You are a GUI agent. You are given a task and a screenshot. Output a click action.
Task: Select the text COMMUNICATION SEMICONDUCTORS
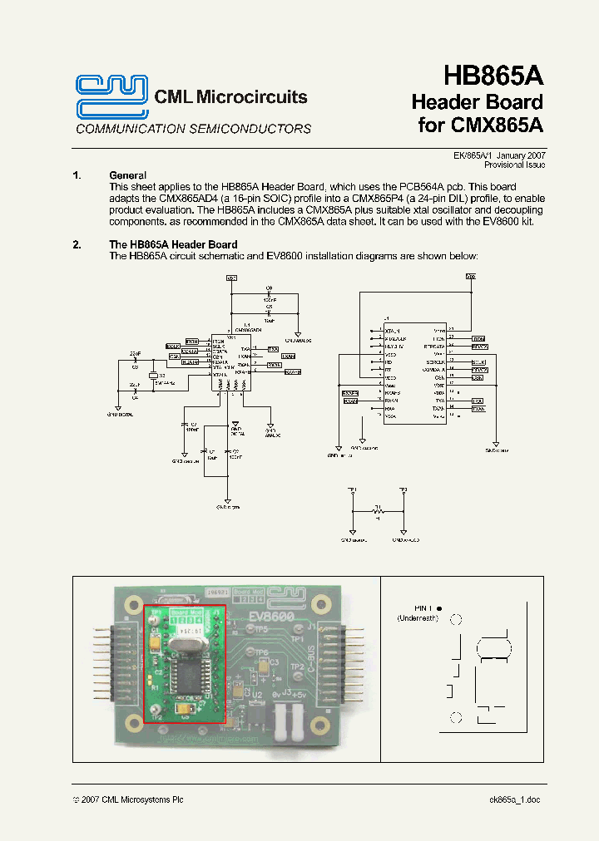(194, 129)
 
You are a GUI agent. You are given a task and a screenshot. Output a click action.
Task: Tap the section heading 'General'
(127, 175)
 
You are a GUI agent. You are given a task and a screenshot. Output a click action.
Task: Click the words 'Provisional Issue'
(514, 165)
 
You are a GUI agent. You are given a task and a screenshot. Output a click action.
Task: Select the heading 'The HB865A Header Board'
(173, 244)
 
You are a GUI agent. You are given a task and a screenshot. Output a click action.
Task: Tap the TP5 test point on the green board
(260, 629)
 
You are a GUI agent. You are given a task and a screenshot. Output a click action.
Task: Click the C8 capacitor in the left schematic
(269, 290)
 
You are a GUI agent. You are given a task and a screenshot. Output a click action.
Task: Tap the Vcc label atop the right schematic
(472, 275)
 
